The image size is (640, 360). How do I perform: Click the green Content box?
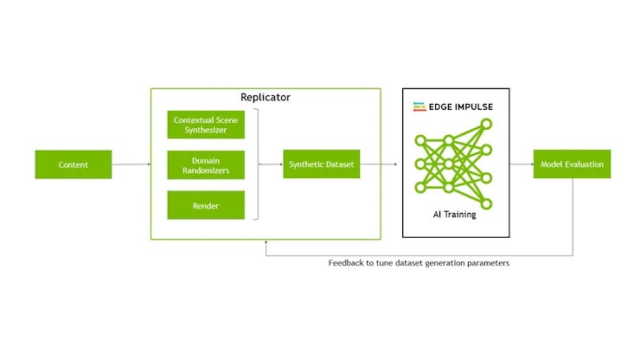pyautogui.click(x=74, y=164)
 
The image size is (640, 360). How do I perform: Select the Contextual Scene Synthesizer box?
pyautogui.click(x=206, y=125)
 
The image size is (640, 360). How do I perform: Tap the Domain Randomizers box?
pyautogui.click(x=206, y=164)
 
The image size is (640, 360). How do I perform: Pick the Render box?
pyautogui.click(x=206, y=206)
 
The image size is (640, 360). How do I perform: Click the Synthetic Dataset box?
pyautogui.click(x=320, y=164)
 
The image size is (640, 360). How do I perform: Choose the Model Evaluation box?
pyautogui.click(x=572, y=164)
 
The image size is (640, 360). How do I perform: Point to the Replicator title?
pyautogui.click(x=266, y=97)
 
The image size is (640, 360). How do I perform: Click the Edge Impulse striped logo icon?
pyautogui.click(x=419, y=106)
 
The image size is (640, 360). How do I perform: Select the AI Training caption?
pyautogui.click(x=455, y=214)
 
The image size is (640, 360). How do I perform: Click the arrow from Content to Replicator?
pyautogui.click(x=131, y=164)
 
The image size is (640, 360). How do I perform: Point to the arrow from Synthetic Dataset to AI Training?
pyautogui.click(x=380, y=164)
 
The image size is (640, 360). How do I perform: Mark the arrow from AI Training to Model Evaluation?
pyautogui.click(x=522, y=164)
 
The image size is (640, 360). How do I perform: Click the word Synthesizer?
pyautogui.click(x=206, y=130)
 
